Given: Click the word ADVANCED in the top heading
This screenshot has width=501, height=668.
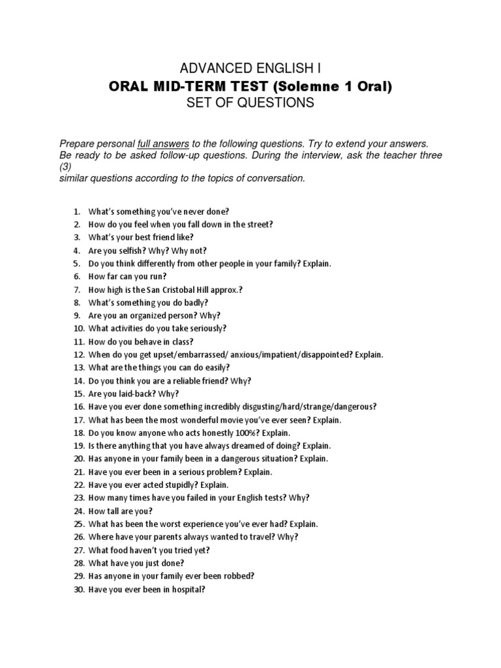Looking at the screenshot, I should (207, 68).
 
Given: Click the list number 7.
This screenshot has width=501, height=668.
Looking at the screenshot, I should (76, 290).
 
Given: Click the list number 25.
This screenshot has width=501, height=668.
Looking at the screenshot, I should (78, 524).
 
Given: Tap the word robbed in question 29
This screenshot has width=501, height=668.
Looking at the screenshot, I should (239, 576).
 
